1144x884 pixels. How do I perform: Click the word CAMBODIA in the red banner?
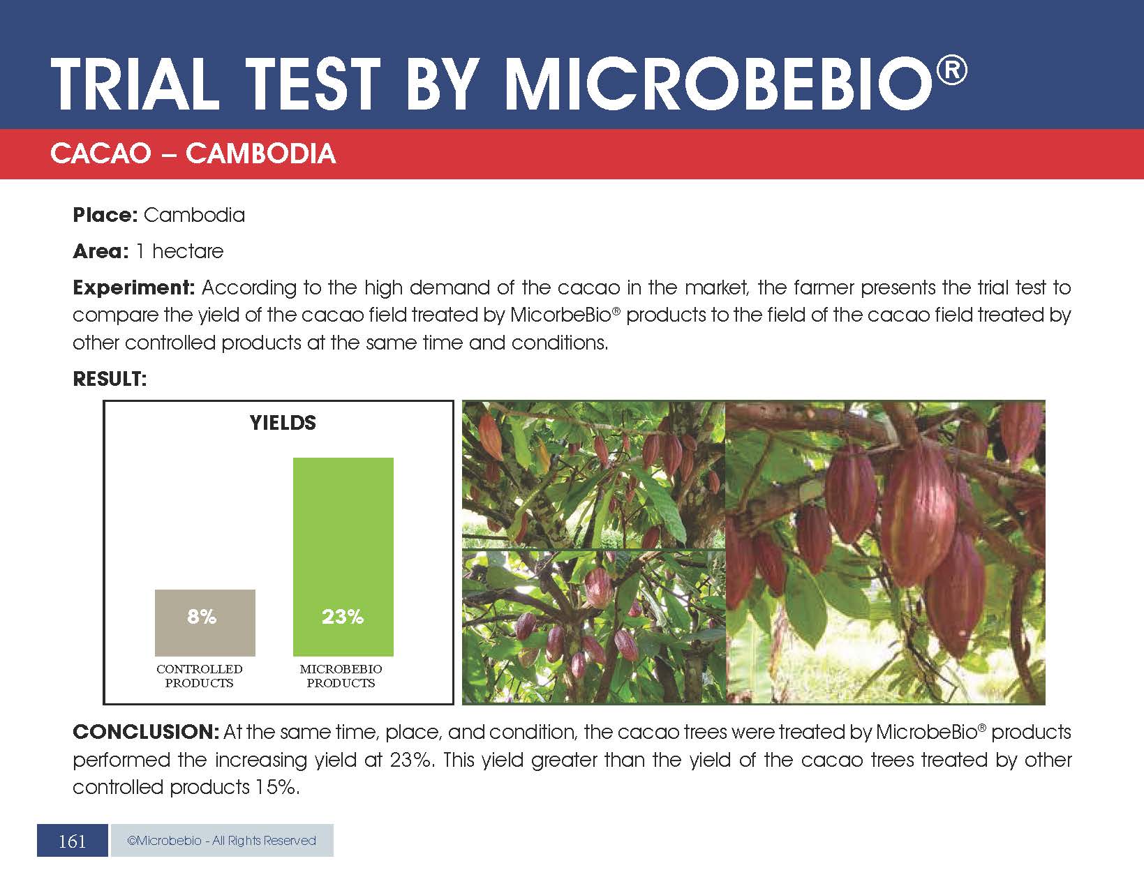(260, 153)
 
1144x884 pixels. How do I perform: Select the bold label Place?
(105, 215)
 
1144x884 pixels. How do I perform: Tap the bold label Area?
(101, 251)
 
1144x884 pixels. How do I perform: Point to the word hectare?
(188, 251)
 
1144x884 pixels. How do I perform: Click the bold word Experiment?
(134, 288)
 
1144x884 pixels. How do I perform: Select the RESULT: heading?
(110, 379)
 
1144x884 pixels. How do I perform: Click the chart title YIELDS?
(283, 423)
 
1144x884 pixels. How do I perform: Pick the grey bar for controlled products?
(205, 623)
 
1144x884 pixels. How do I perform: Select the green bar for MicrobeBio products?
(343, 557)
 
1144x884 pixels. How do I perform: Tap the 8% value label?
(202, 616)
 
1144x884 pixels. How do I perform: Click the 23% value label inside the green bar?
(343, 616)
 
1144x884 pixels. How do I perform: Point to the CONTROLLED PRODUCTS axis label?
(200, 675)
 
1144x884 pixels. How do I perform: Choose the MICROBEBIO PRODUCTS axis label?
(341, 675)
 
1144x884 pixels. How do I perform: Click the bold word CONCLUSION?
(146, 732)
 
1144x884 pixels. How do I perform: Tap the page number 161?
(72, 841)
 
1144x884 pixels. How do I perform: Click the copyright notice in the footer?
(222, 840)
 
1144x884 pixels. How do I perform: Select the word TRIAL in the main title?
(135, 84)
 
